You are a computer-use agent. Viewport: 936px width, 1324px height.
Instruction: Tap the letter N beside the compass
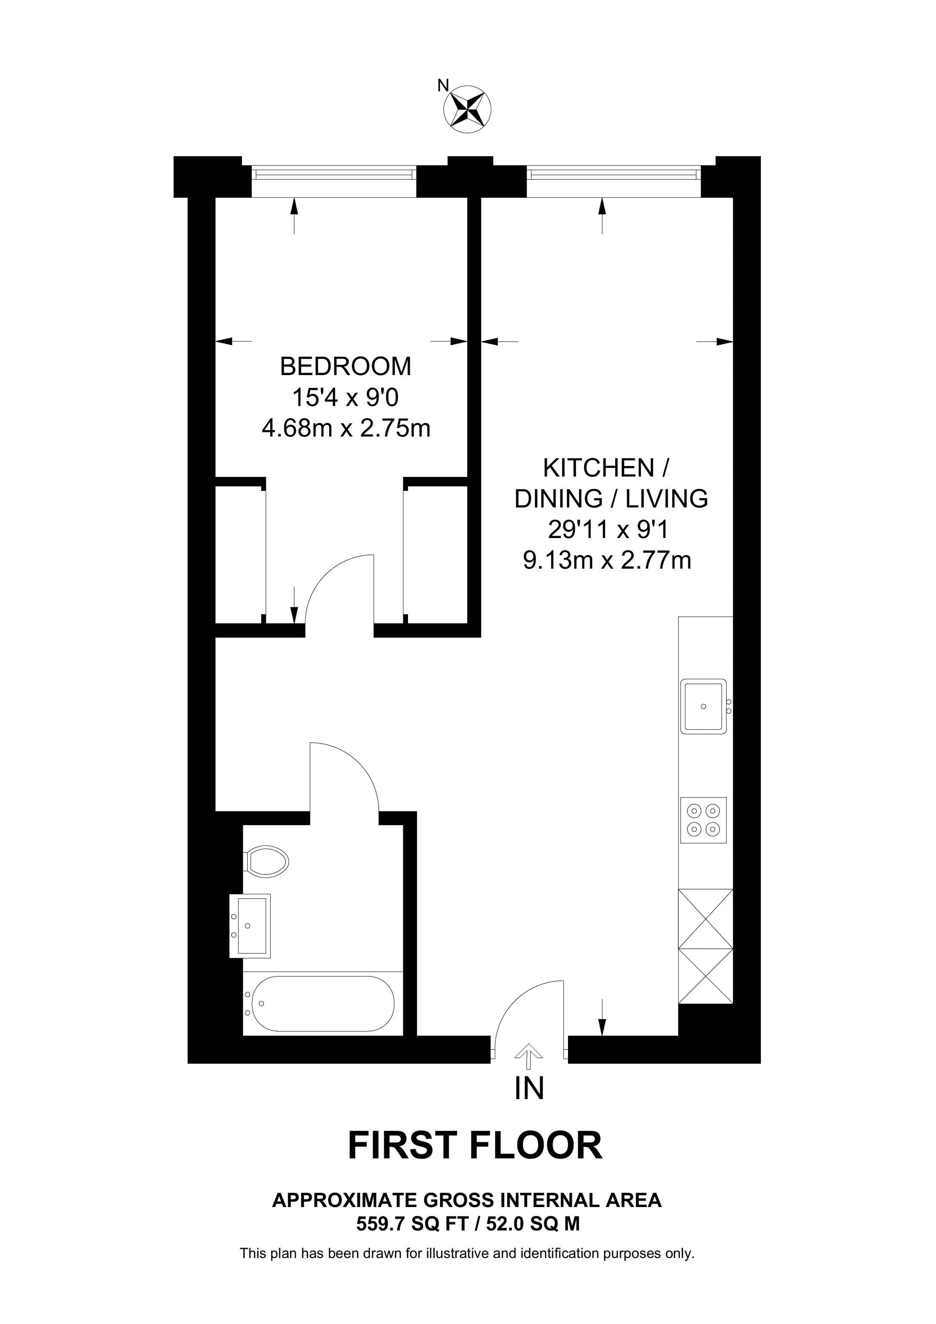[x=443, y=86]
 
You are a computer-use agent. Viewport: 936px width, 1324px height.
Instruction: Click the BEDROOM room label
[x=345, y=367]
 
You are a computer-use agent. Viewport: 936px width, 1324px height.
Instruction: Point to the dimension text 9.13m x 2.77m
[x=607, y=561]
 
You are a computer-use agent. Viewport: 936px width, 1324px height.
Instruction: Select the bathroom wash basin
[x=250, y=925]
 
